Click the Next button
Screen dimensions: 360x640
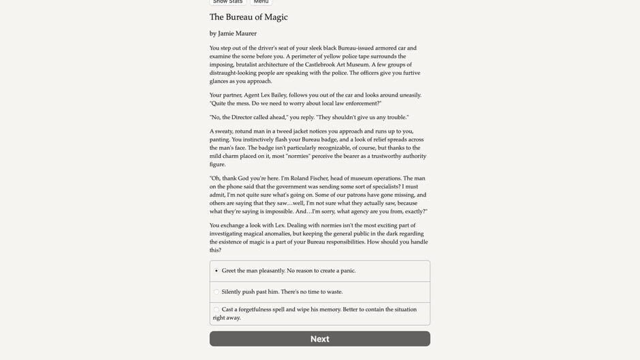click(319, 339)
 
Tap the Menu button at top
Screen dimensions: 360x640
click(261, 2)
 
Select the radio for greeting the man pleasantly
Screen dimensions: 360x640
click(217, 271)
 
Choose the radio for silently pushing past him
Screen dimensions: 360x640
click(217, 292)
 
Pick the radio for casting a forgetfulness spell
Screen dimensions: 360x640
click(217, 310)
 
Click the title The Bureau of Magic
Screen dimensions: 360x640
click(249, 17)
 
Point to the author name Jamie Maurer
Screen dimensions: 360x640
click(237, 33)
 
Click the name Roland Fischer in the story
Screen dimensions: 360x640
click(329, 178)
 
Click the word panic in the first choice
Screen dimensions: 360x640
click(346, 271)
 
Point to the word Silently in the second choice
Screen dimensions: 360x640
click(234, 292)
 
